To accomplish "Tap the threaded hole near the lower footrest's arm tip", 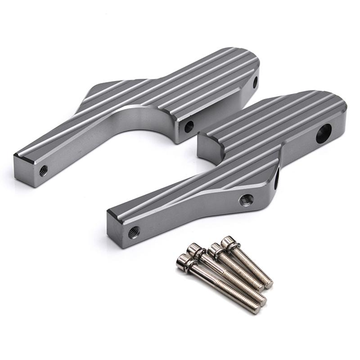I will pyautogui.click(x=134, y=233).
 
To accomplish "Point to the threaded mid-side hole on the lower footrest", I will pyautogui.click(x=246, y=198).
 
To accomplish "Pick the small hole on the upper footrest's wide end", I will pyautogui.click(x=255, y=82).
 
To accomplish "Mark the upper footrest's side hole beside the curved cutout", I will pyautogui.click(x=189, y=125).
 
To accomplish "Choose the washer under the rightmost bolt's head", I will pyautogui.click(x=234, y=247).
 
